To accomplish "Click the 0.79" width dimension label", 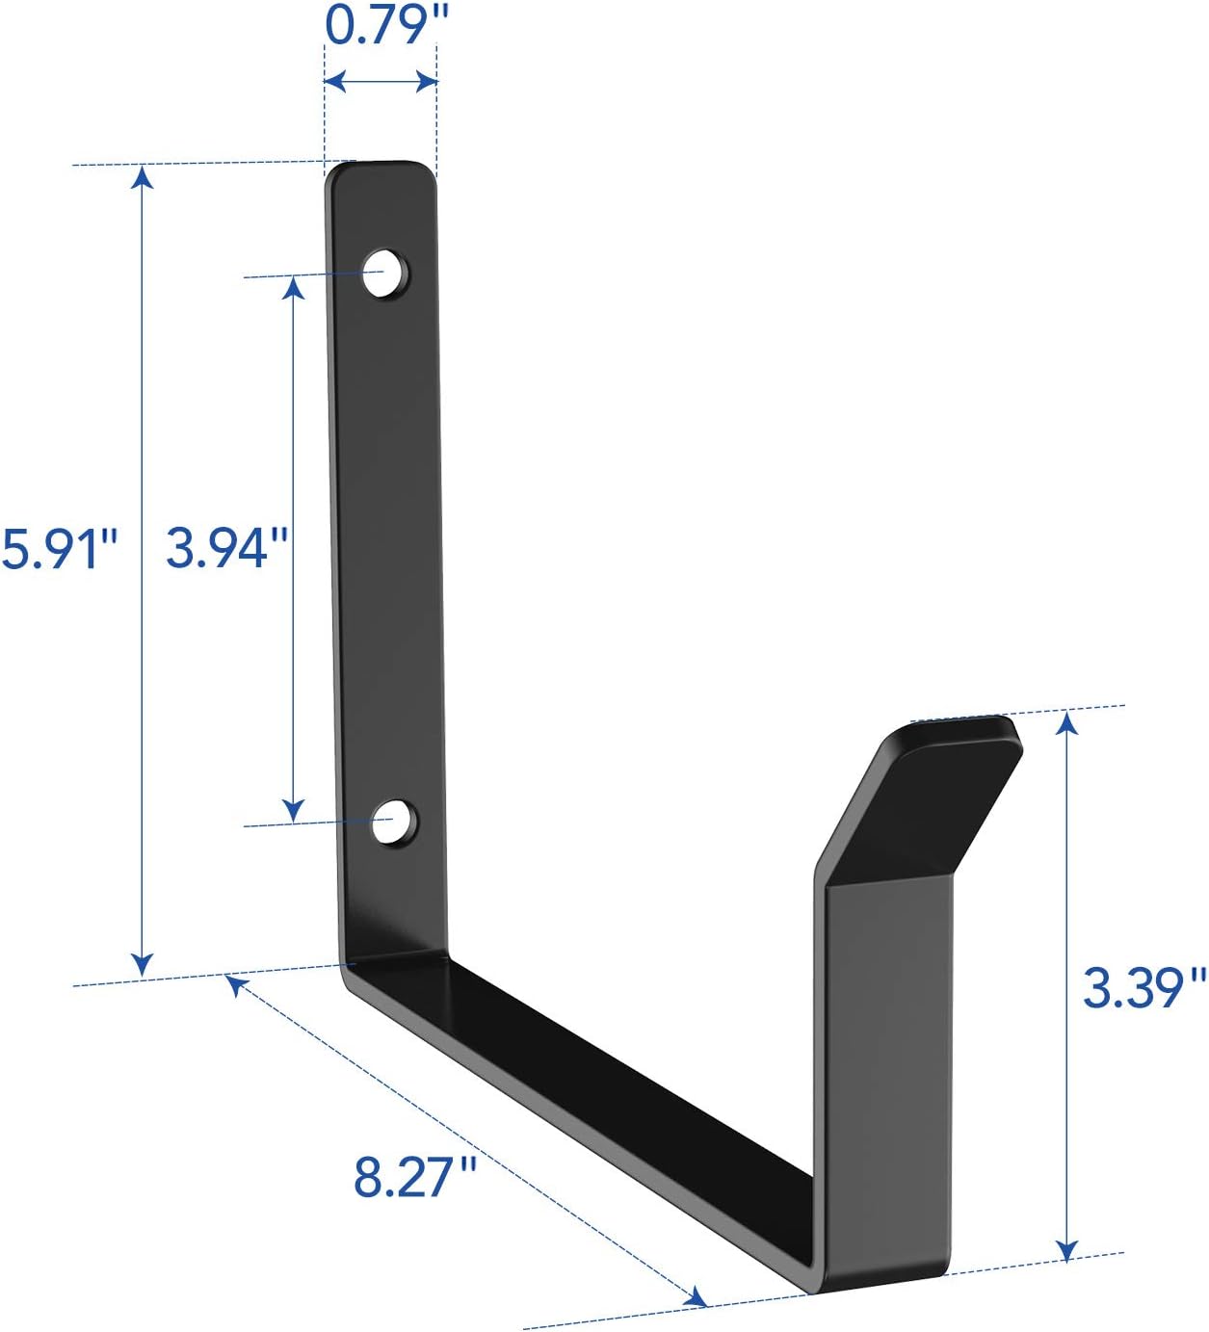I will [x=381, y=25].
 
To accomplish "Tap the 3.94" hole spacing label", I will [x=227, y=548].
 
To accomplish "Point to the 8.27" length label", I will [x=415, y=1177].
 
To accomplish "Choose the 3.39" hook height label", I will [x=1143, y=988].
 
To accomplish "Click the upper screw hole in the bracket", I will [x=383, y=274].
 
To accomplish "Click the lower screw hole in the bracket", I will [x=392, y=822].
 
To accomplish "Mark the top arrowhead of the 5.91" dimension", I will [x=143, y=177].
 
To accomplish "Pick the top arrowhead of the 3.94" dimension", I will [x=294, y=287].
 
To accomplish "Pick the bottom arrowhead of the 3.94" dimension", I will [x=294, y=811].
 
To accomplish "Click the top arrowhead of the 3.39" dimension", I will [x=1066, y=721].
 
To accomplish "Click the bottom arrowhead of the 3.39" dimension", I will [x=1066, y=1249].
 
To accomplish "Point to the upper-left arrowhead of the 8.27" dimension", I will [x=234, y=985].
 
